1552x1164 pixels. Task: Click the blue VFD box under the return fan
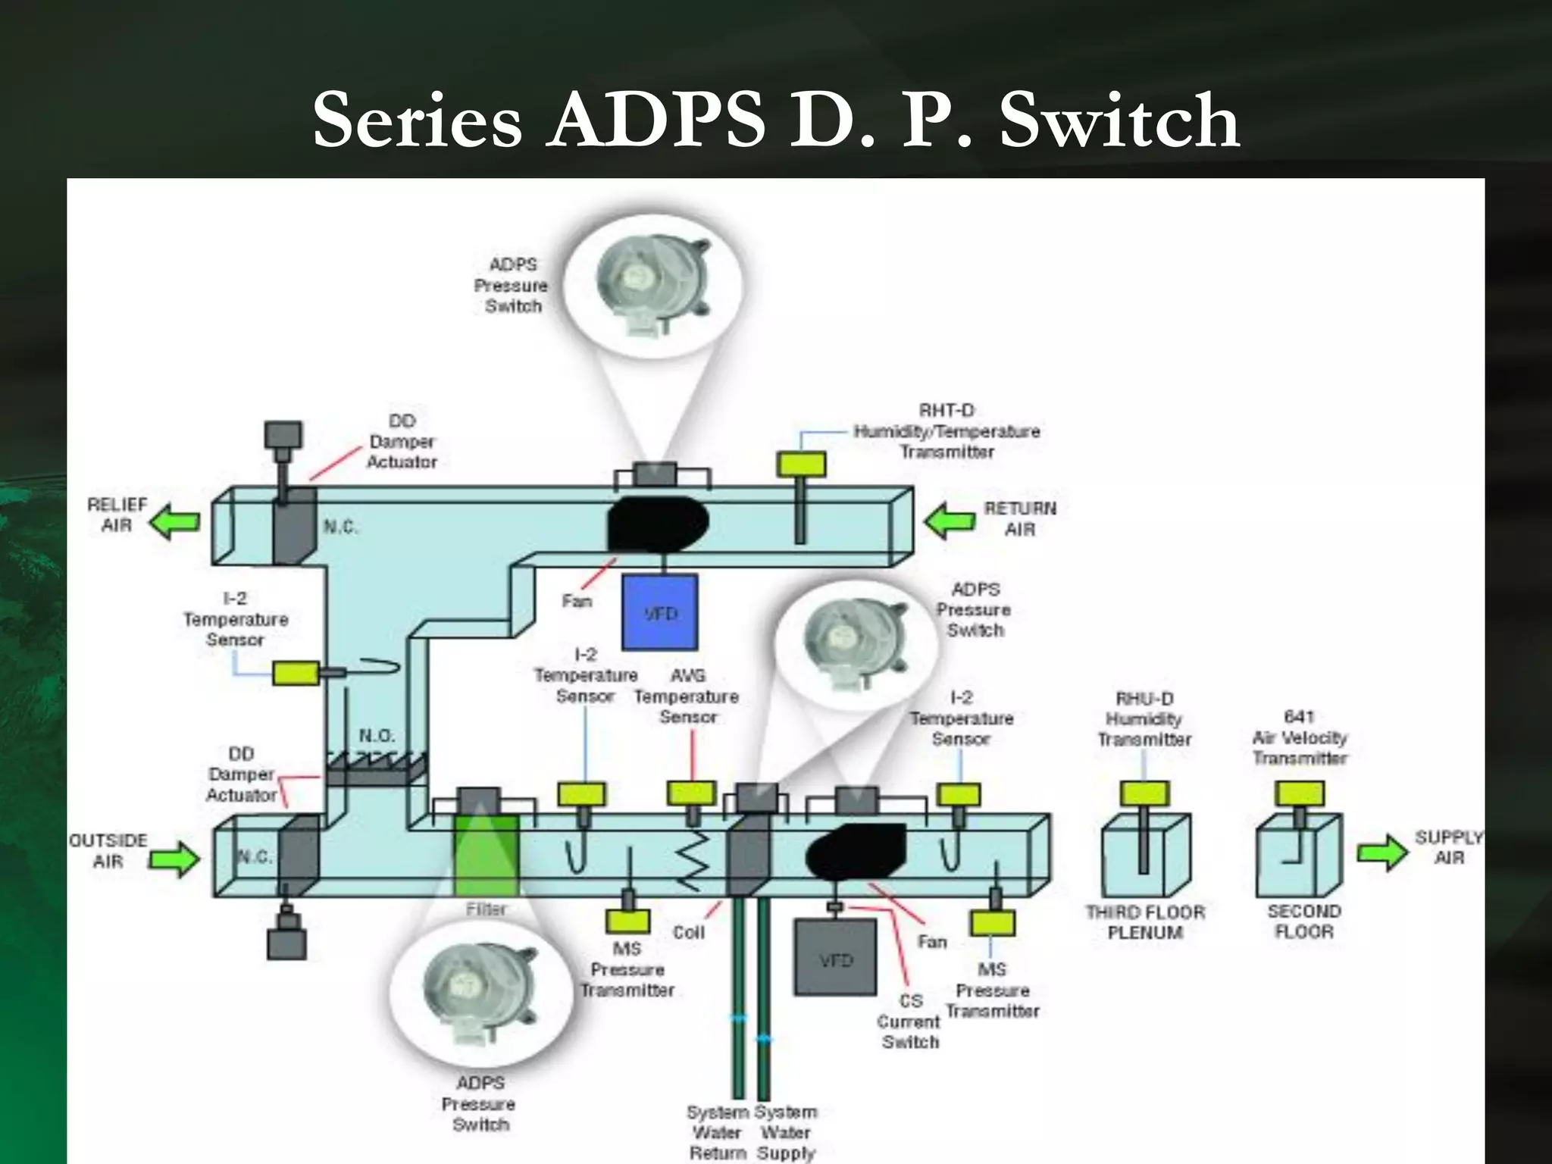click(x=659, y=612)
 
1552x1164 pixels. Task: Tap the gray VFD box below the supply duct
click(x=835, y=958)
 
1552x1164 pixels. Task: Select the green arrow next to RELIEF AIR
click(x=175, y=523)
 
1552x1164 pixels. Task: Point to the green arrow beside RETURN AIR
click(x=950, y=522)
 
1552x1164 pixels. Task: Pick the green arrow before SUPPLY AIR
click(x=1381, y=853)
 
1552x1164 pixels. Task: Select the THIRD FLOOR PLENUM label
click(x=1144, y=922)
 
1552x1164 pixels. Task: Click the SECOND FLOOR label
click(x=1303, y=921)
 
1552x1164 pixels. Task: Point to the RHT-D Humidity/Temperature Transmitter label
click(x=947, y=431)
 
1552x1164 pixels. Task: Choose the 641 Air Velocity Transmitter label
click(x=1300, y=737)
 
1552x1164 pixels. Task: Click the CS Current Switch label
click(x=909, y=1021)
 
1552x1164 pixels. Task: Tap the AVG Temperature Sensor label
click(x=687, y=696)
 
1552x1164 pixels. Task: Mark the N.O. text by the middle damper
click(x=377, y=736)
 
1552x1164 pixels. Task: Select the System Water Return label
click(x=717, y=1132)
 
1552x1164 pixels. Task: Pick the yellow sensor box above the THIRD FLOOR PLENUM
click(x=1144, y=793)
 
